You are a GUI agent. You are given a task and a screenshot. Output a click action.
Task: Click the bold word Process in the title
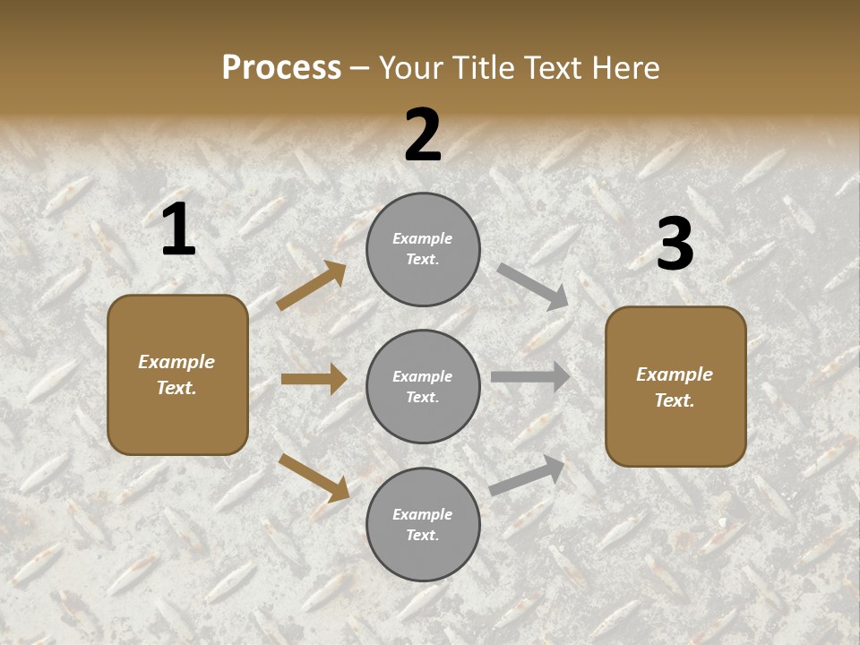pos(281,68)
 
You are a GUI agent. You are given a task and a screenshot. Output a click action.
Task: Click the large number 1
pos(178,230)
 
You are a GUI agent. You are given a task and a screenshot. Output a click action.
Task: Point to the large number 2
pos(423,135)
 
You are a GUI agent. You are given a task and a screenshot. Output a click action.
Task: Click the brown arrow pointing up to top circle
pos(311,286)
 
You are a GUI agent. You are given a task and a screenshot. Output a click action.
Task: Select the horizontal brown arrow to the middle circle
pos(314,379)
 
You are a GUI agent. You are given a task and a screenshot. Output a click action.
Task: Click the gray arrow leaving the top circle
pos(533,286)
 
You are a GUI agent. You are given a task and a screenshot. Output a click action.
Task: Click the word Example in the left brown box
pos(176,362)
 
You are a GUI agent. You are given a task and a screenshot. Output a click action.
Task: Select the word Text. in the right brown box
pos(675,400)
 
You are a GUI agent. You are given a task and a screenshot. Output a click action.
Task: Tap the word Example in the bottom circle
pos(423,514)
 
